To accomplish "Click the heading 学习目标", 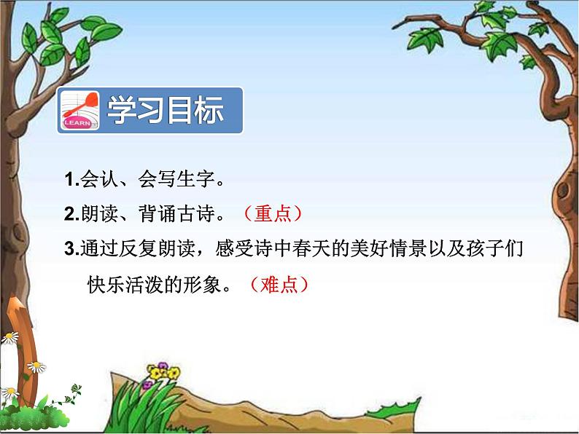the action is pos(165,110).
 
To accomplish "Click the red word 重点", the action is pos(273,213).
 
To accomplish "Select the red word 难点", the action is pos(279,285).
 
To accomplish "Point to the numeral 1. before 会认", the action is pos(72,180).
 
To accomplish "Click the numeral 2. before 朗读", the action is pos(72,214).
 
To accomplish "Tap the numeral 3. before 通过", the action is pos(72,248).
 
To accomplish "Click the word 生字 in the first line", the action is pos(195,179).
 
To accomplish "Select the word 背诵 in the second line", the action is pos(158,213).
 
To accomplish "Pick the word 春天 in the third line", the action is pos(311,248).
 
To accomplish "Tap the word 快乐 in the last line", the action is pos(106,285).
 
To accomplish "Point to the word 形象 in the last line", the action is pos(202,285).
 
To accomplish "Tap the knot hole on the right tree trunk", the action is pos(563,189).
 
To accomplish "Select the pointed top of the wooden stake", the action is pos(14,296).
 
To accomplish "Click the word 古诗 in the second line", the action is pos(195,213).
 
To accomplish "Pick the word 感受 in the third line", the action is pos(234,248).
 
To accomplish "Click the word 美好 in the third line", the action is pos(369,248).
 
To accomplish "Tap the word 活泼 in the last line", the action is pos(144,285).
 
